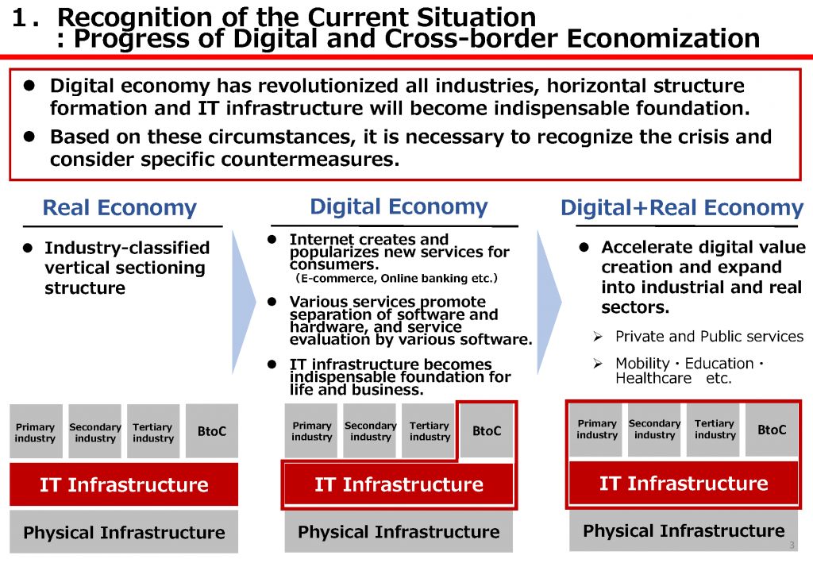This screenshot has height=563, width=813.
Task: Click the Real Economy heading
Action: pyautogui.click(x=119, y=207)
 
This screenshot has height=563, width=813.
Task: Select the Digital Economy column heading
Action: pyautogui.click(x=399, y=206)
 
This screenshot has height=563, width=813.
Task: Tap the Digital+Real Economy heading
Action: pyautogui.click(x=682, y=207)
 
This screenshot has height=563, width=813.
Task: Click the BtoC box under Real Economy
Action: pyautogui.click(x=212, y=431)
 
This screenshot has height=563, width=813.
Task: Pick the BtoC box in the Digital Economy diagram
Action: pyautogui.click(x=487, y=430)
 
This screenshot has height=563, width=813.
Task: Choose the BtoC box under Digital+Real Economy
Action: pyautogui.click(x=772, y=430)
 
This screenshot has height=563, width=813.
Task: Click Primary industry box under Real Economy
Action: pyautogui.click(x=36, y=431)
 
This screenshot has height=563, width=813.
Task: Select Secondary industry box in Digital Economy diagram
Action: pyautogui.click(x=370, y=431)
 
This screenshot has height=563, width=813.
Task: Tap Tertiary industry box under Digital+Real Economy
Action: pyautogui.click(x=714, y=430)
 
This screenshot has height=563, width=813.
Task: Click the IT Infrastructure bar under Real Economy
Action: pyautogui.click(x=124, y=484)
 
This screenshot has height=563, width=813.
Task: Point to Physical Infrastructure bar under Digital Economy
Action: pyautogui.click(x=399, y=531)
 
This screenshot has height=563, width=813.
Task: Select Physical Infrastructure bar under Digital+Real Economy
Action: pyautogui.click(x=684, y=530)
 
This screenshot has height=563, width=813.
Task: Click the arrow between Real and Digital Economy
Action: pyautogui.click(x=243, y=303)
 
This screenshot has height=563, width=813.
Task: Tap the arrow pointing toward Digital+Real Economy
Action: pyautogui.click(x=549, y=303)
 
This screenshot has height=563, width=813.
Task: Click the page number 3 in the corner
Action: pyautogui.click(x=792, y=545)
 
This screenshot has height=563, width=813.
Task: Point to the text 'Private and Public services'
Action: pyautogui.click(x=709, y=337)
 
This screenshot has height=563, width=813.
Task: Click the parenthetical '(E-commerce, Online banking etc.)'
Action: pyautogui.click(x=397, y=279)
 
